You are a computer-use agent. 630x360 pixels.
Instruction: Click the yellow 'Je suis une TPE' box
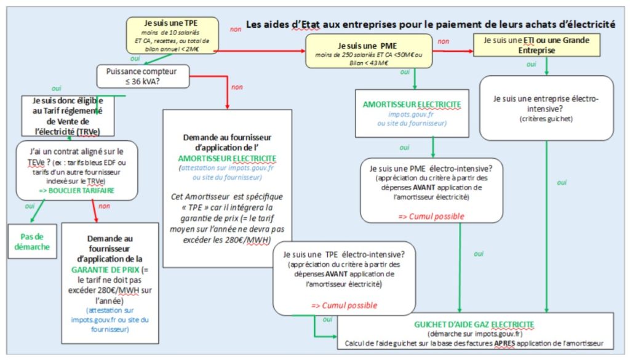tap(172, 35)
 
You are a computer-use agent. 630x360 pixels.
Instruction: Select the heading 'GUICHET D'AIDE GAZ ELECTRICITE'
tap(474, 324)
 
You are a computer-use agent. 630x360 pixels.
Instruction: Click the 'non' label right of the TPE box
tap(236, 29)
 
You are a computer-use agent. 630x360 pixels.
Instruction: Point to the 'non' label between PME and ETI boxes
tap(443, 41)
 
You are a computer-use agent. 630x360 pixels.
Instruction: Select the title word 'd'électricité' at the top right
tap(584, 25)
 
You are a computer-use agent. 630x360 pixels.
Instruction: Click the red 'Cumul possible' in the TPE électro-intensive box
tap(344, 305)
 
